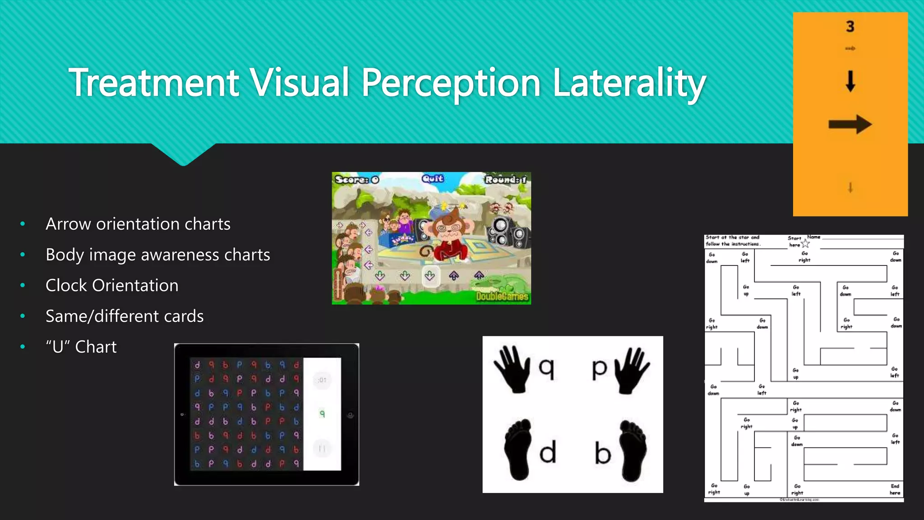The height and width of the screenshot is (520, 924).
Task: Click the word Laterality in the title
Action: click(x=629, y=83)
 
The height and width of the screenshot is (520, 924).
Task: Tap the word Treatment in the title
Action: click(x=154, y=83)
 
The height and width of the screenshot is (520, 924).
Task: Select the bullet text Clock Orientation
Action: click(x=112, y=285)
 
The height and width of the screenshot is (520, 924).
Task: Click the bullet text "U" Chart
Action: click(x=81, y=347)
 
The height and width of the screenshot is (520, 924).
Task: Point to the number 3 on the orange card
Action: click(x=850, y=27)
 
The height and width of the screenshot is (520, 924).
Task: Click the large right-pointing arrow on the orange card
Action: click(x=850, y=125)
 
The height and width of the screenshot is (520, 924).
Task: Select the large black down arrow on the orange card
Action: click(x=850, y=81)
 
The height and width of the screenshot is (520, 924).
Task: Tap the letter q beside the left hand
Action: click(x=546, y=368)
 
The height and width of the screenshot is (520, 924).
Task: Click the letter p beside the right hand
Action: click(x=600, y=368)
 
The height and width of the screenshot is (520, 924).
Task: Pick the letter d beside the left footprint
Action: click(x=548, y=452)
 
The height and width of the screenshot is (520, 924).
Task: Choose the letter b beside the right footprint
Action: click(x=603, y=453)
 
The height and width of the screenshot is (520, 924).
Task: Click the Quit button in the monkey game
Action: click(x=433, y=179)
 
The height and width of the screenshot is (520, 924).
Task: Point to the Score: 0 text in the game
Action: click(x=357, y=180)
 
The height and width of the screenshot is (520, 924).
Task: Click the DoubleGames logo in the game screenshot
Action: click(x=502, y=296)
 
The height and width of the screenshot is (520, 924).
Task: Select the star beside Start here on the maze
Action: click(x=805, y=244)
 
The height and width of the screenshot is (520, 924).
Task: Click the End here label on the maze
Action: click(x=895, y=489)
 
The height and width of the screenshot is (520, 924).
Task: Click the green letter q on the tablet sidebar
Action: click(x=322, y=413)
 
